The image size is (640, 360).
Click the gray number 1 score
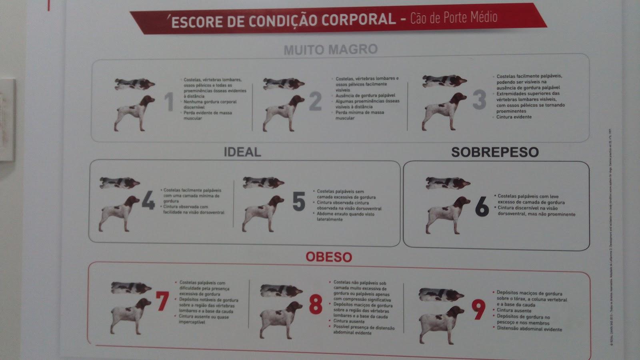(169, 102)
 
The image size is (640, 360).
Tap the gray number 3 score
(479, 100)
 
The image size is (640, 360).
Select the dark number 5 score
(298, 201)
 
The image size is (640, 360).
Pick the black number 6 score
(482, 207)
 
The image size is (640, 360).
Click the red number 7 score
(162, 302)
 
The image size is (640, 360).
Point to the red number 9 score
(478, 309)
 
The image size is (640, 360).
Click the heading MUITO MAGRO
(330, 50)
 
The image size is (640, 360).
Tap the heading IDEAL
(242, 152)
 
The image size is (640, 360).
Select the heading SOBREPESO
(495, 152)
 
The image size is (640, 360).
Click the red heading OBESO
(329, 257)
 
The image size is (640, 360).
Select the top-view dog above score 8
(281, 291)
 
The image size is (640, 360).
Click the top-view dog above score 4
(119, 183)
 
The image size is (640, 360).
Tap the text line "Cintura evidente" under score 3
(514, 117)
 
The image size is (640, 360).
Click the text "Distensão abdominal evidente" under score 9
(529, 329)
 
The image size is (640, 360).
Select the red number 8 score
(316, 305)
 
